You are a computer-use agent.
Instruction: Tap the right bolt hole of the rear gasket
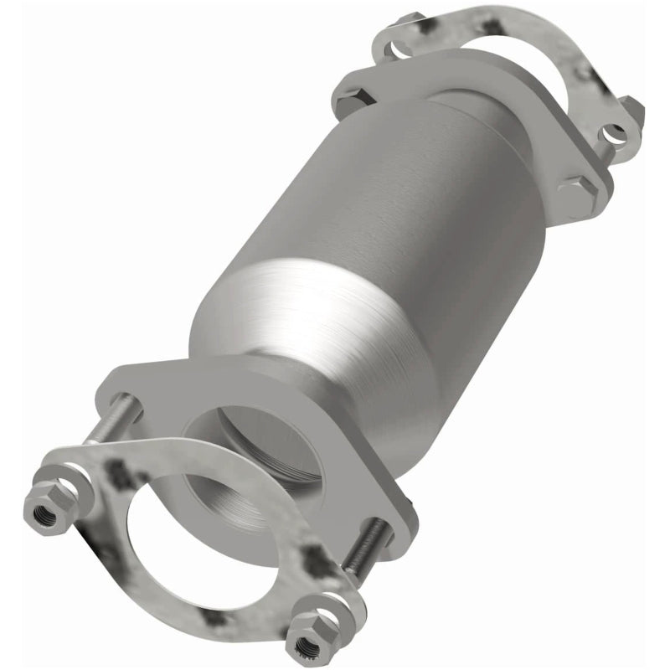[x=616, y=131]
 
